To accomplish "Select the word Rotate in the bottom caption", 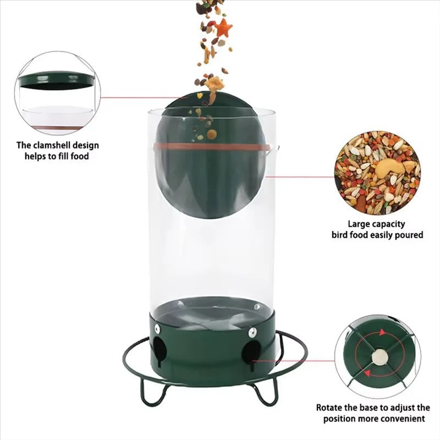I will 330,408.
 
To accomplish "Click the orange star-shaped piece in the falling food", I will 223,28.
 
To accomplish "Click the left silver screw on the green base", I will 157,328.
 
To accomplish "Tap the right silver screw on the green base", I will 252,332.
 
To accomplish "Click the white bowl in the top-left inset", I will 57,117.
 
